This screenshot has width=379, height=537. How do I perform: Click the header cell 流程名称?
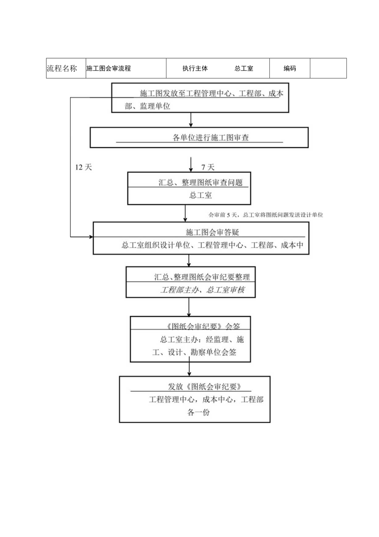(62, 69)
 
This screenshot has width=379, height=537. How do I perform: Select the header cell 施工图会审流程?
(109, 69)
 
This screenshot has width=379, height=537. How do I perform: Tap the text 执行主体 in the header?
(195, 69)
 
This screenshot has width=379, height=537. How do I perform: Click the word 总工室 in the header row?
(244, 69)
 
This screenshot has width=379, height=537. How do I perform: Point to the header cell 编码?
(290, 69)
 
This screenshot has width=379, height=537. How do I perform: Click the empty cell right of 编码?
(328, 68)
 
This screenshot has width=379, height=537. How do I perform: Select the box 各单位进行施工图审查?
(199, 137)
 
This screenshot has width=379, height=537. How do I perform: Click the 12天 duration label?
(83, 167)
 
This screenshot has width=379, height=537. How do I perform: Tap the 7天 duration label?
(208, 167)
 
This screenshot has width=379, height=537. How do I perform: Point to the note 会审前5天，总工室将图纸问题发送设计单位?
(266, 215)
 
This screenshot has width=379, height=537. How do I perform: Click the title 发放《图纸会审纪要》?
(199, 387)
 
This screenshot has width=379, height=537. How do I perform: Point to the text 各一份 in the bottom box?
(199, 412)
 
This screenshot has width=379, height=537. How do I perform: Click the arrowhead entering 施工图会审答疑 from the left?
(91, 237)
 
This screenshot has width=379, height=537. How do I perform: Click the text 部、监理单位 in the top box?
(147, 106)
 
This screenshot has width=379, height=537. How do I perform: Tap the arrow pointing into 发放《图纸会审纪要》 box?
(189, 369)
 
